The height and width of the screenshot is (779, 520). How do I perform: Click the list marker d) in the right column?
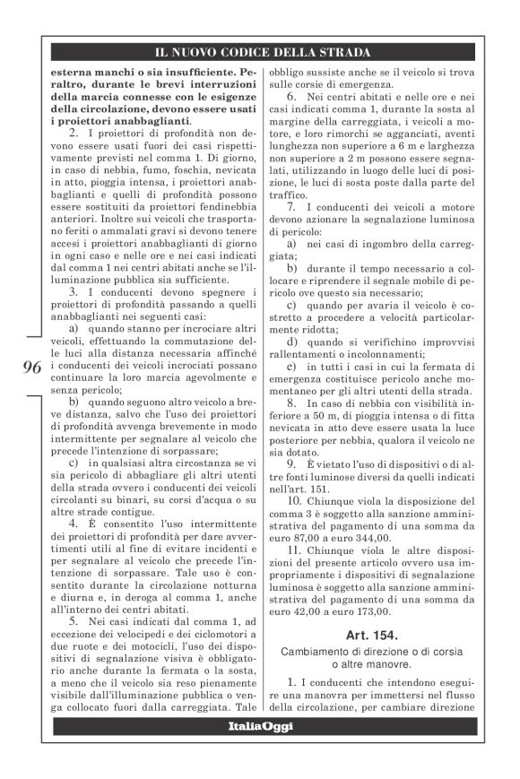291,342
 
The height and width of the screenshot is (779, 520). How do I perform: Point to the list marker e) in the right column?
291,367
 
